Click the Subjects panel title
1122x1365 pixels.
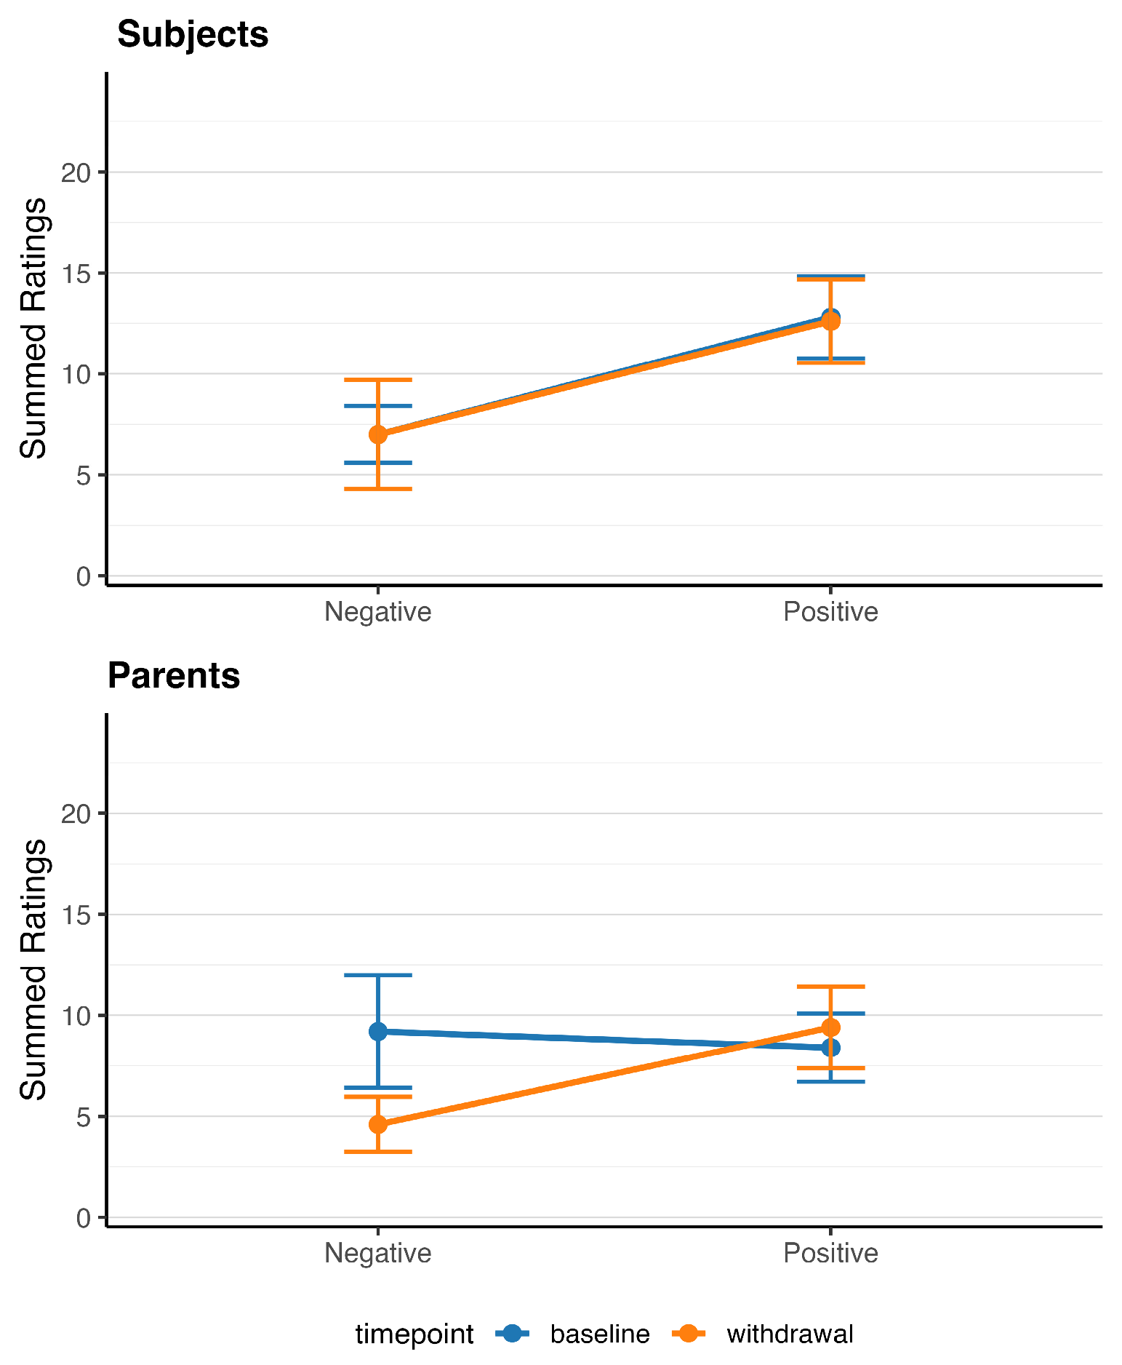[x=193, y=34]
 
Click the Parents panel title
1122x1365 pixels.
[x=174, y=675]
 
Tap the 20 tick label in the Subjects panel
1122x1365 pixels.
[x=76, y=172]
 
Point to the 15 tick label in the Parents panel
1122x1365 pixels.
[x=76, y=915]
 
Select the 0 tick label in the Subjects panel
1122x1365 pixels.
[x=84, y=576]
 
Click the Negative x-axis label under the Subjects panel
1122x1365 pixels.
[x=378, y=612]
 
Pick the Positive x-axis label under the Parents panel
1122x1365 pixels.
[x=830, y=1253]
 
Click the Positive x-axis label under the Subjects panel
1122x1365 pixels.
[x=830, y=612]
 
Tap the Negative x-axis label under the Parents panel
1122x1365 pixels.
[x=378, y=1253]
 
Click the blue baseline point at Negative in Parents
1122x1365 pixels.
[x=378, y=1032]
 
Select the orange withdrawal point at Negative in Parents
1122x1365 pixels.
[x=378, y=1124]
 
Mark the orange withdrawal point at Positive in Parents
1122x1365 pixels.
[x=830, y=1027]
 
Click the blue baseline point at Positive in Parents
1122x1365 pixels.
[x=830, y=1048]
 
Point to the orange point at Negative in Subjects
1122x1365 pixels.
[x=378, y=434]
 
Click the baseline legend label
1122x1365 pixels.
[x=600, y=1334]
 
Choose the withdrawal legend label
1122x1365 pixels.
[x=790, y=1334]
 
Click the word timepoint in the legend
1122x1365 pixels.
[x=414, y=1334]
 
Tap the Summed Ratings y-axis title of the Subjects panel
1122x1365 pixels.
[x=33, y=329]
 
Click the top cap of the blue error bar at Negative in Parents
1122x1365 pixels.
[x=378, y=975]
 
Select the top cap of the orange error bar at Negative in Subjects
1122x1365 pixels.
[x=378, y=380]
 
